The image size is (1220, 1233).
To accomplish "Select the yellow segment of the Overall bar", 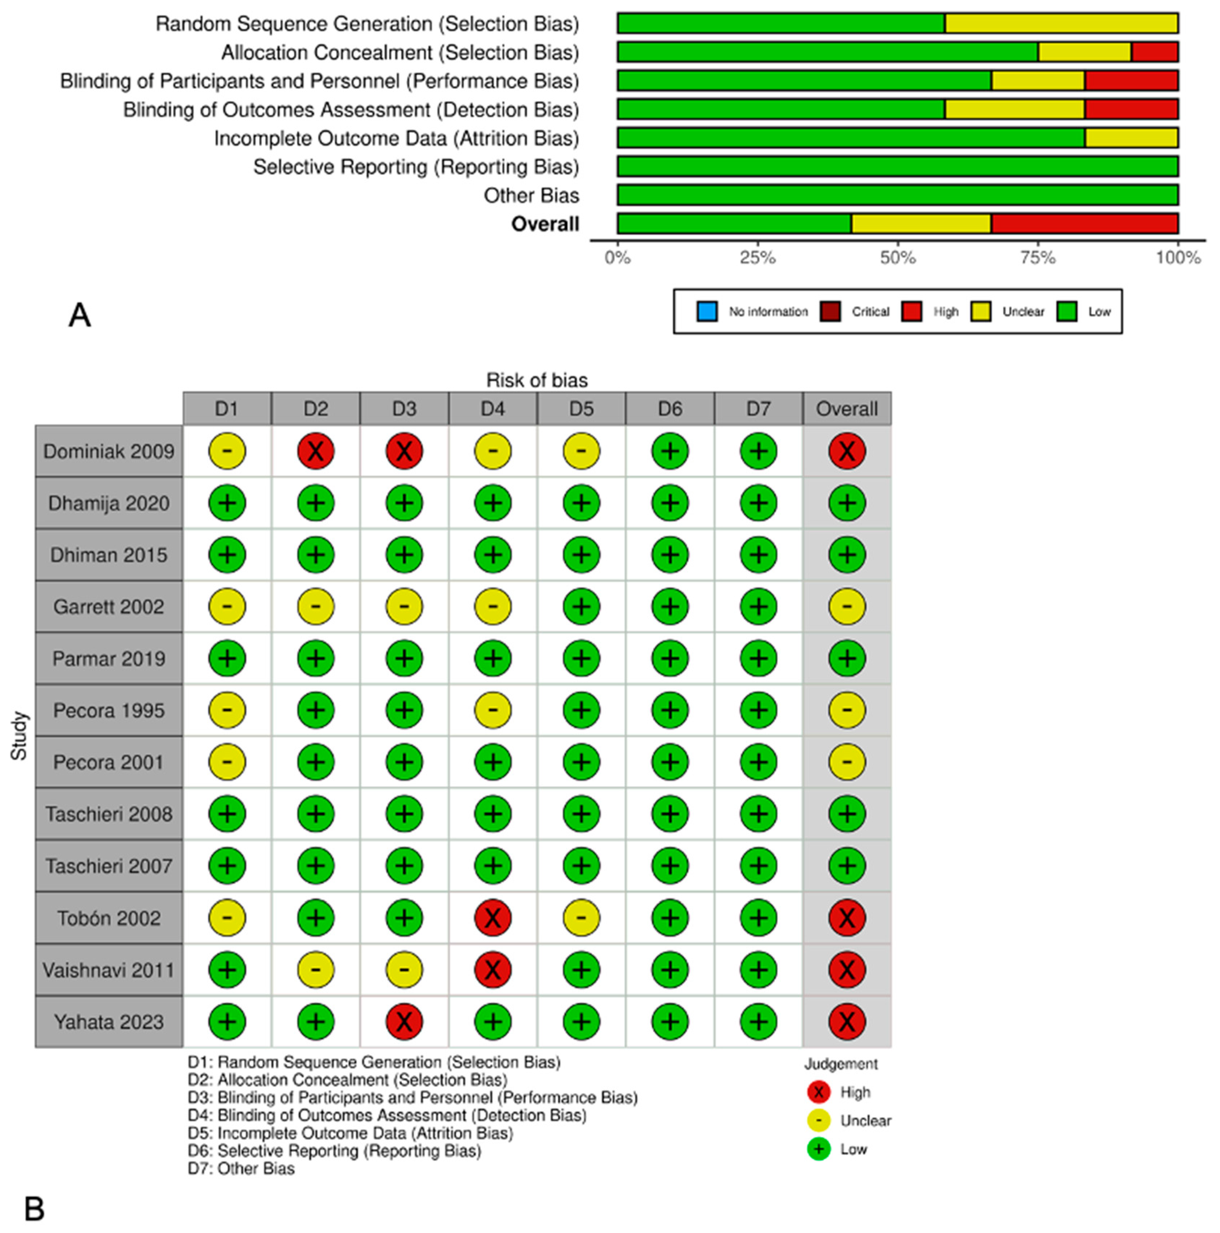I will coord(921,224).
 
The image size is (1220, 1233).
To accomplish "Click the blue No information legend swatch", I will coord(707,312).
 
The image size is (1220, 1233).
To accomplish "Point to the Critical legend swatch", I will coord(830,312).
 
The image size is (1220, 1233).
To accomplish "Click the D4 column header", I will coord(492,409).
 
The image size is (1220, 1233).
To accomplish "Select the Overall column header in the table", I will coord(847,409).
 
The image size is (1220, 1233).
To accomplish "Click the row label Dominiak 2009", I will coord(109,452).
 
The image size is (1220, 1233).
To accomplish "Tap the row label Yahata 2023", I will coord(109,1022).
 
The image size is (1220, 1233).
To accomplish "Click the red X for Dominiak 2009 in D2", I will coord(315,452).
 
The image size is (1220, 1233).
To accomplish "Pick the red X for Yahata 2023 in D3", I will coord(404,1022).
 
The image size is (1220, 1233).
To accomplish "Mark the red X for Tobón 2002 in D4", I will coord(492,918).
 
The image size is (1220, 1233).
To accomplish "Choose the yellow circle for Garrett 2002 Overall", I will coord(847,606).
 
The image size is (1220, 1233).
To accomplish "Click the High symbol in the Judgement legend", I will coord(819,1092).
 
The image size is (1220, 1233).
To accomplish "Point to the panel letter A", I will coord(80,315).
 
